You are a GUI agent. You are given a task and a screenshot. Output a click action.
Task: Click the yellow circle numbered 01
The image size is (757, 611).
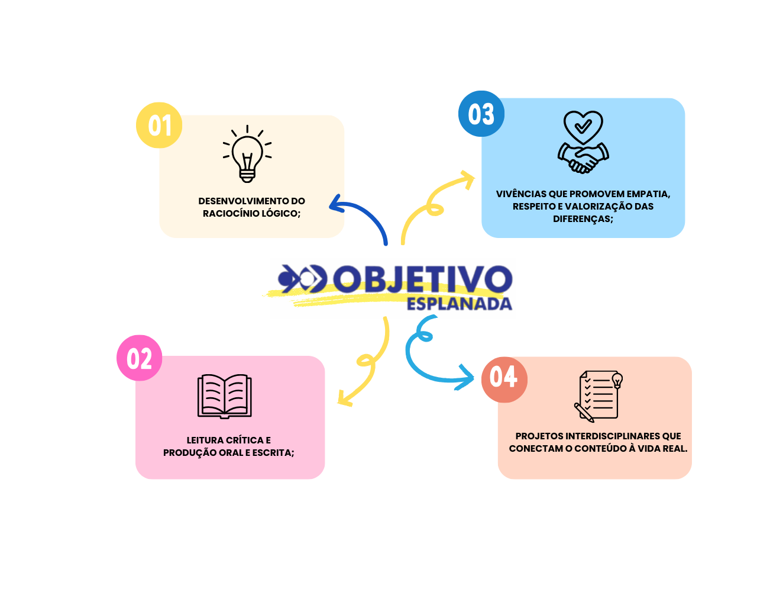159,125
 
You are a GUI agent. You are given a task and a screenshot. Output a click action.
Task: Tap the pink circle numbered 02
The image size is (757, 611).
140,358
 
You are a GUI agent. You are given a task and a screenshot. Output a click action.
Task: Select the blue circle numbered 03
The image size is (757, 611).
481,114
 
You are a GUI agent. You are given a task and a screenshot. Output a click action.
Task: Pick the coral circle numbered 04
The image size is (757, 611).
504,380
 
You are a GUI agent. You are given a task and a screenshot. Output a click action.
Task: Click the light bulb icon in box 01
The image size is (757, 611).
247,154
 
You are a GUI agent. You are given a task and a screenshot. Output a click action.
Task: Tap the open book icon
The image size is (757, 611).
225,396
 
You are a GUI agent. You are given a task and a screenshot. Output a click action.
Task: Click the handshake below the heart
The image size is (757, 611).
583,158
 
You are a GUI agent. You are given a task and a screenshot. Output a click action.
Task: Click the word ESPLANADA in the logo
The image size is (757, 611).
460,304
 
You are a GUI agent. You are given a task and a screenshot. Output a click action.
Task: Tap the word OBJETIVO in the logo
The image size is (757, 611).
422,279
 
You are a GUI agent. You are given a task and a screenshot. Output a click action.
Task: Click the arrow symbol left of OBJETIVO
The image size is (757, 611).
303,279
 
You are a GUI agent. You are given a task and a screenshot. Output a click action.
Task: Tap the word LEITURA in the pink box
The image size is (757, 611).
205,440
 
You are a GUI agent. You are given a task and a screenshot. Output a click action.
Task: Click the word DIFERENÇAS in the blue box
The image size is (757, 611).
583,219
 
